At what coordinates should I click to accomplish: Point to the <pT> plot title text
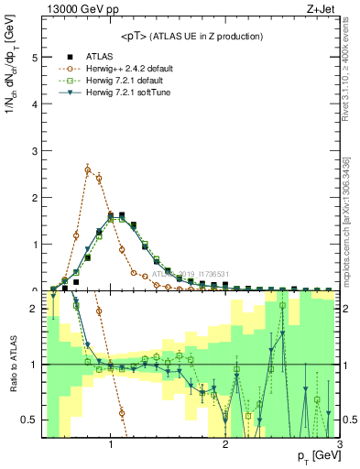pyautogui.click(x=191, y=36)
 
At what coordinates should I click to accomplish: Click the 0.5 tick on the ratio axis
pyautogui.click(x=29, y=420)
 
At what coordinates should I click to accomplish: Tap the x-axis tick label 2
pyautogui.click(x=225, y=445)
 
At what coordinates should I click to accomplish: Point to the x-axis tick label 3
pyautogui.click(x=340, y=445)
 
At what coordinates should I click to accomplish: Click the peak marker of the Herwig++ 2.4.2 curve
pyautogui.click(x=88, y=169)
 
